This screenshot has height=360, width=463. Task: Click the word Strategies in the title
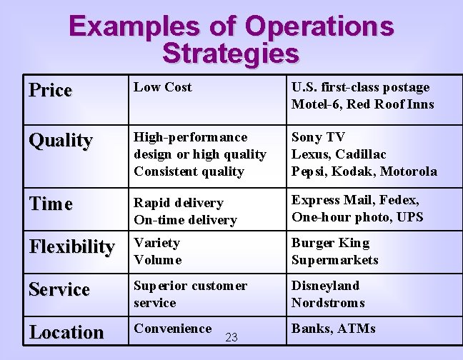click(x=230, y=53)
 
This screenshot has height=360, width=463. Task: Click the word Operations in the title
click(x=319, y=26)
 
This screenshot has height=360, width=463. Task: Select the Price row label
click(x=51, y=90)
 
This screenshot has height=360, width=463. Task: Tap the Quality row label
click(x=60, y=140)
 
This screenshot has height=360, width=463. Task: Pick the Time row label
click(x=51, y=204)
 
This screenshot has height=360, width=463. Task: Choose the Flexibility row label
click(x=71, y=247)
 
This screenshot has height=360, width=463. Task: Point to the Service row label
click(x=59, y=289)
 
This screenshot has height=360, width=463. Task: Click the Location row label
click(x=66, y=332)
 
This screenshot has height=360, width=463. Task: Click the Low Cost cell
click(x=163, y=87)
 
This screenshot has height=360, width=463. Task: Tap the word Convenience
click(x=172, y=329)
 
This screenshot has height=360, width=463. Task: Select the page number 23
click(x=231, y=337)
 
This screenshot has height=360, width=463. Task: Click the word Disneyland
click(x=325, y=286)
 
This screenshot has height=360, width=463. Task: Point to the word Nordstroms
click(x=328, y=303)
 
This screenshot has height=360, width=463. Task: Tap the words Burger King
click(x=329, y=243)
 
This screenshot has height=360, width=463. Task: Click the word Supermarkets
click(x=334, y=260)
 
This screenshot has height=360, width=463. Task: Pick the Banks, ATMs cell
click(x=333, y=329)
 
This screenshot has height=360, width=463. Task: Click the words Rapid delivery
click(x=179, y=203)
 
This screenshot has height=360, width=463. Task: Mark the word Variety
click(x=156, y=243)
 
